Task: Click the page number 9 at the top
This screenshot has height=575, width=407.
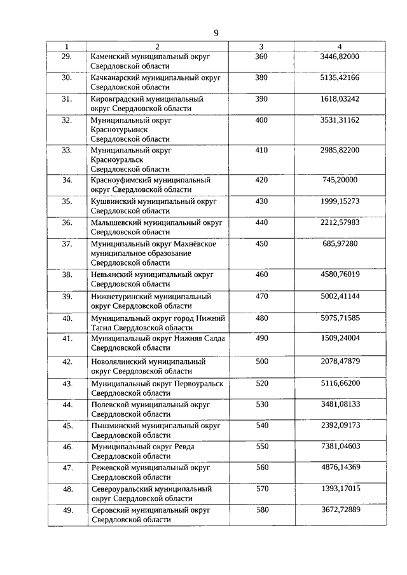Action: coord(216,34)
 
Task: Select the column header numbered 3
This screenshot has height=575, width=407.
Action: coord(261,46)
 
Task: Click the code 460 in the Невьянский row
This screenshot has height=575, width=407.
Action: coord(261,274)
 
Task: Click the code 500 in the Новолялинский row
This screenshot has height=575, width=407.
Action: coord(261,361)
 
